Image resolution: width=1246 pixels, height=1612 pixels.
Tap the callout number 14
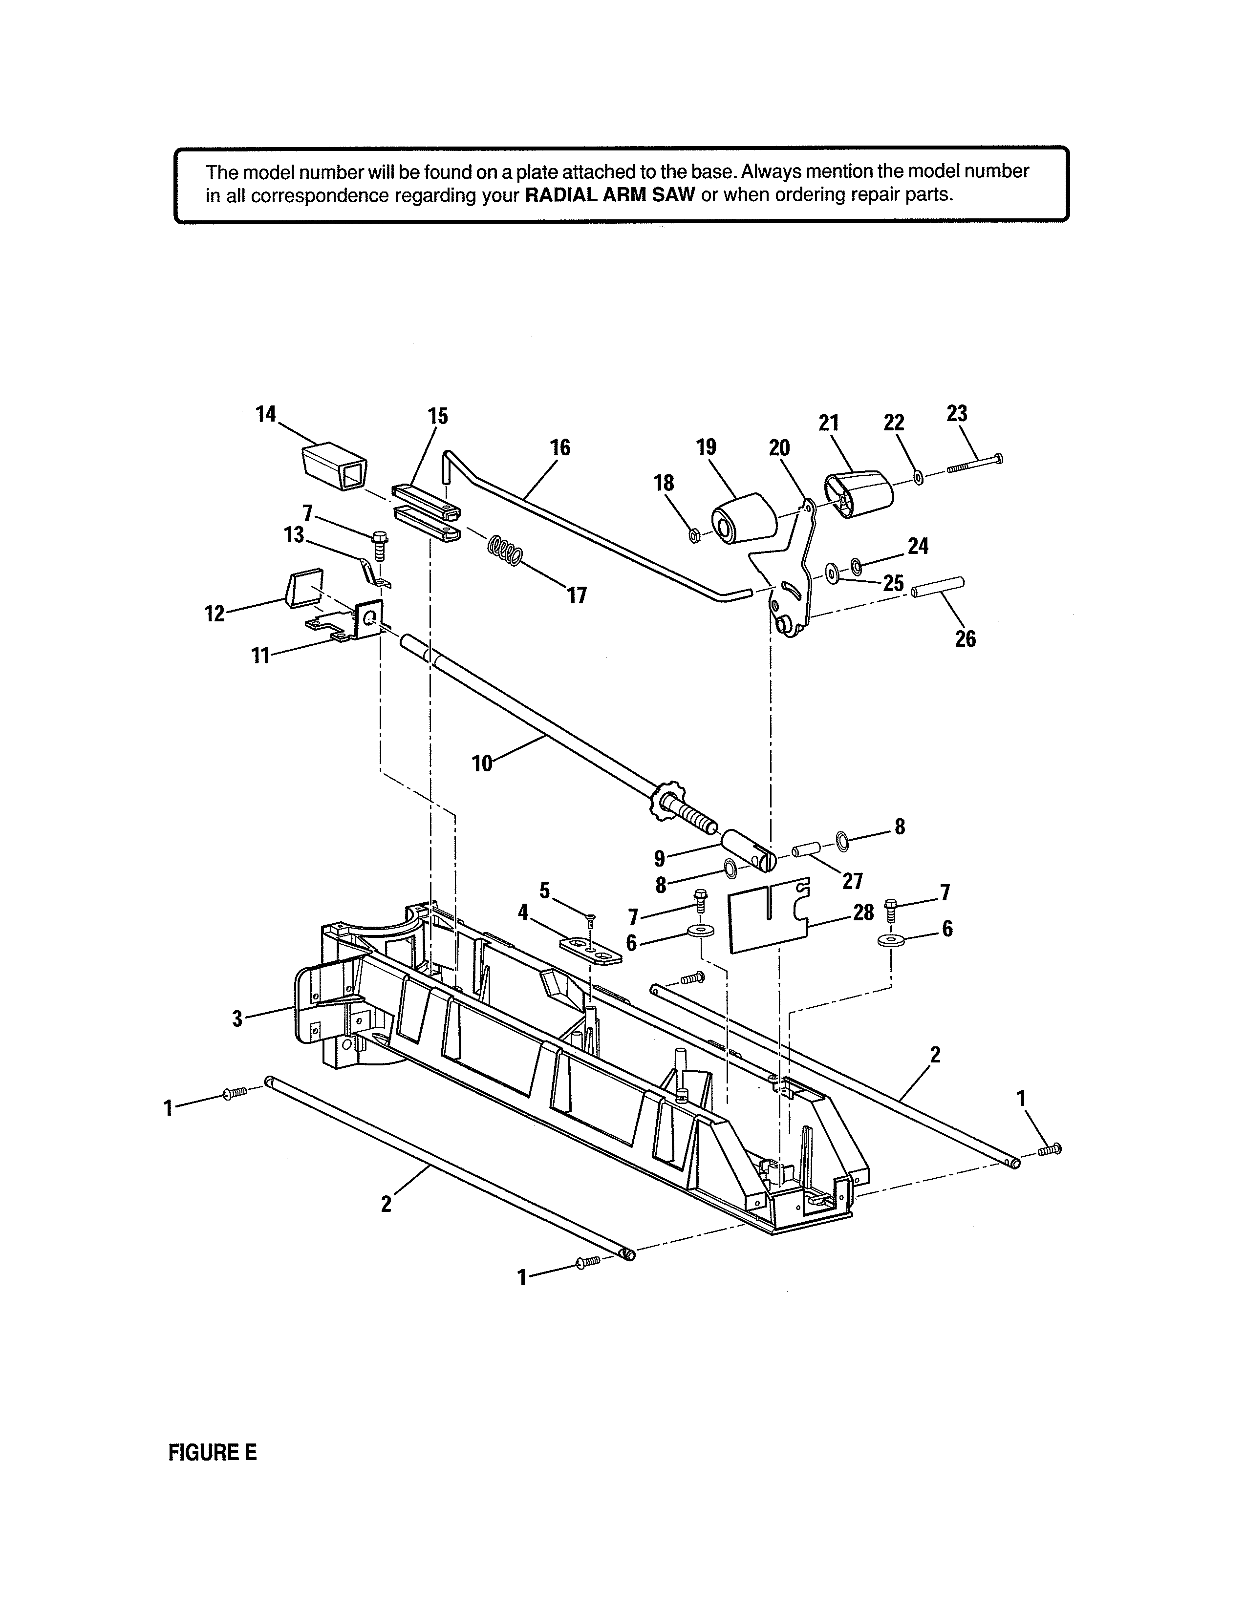(266, 414)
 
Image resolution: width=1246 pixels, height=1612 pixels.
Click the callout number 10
(482, 763)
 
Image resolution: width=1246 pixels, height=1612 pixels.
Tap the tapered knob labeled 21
(859, 493)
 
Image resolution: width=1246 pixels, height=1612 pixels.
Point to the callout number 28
(863, 912)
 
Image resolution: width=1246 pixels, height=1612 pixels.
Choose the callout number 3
(237, 1019)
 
